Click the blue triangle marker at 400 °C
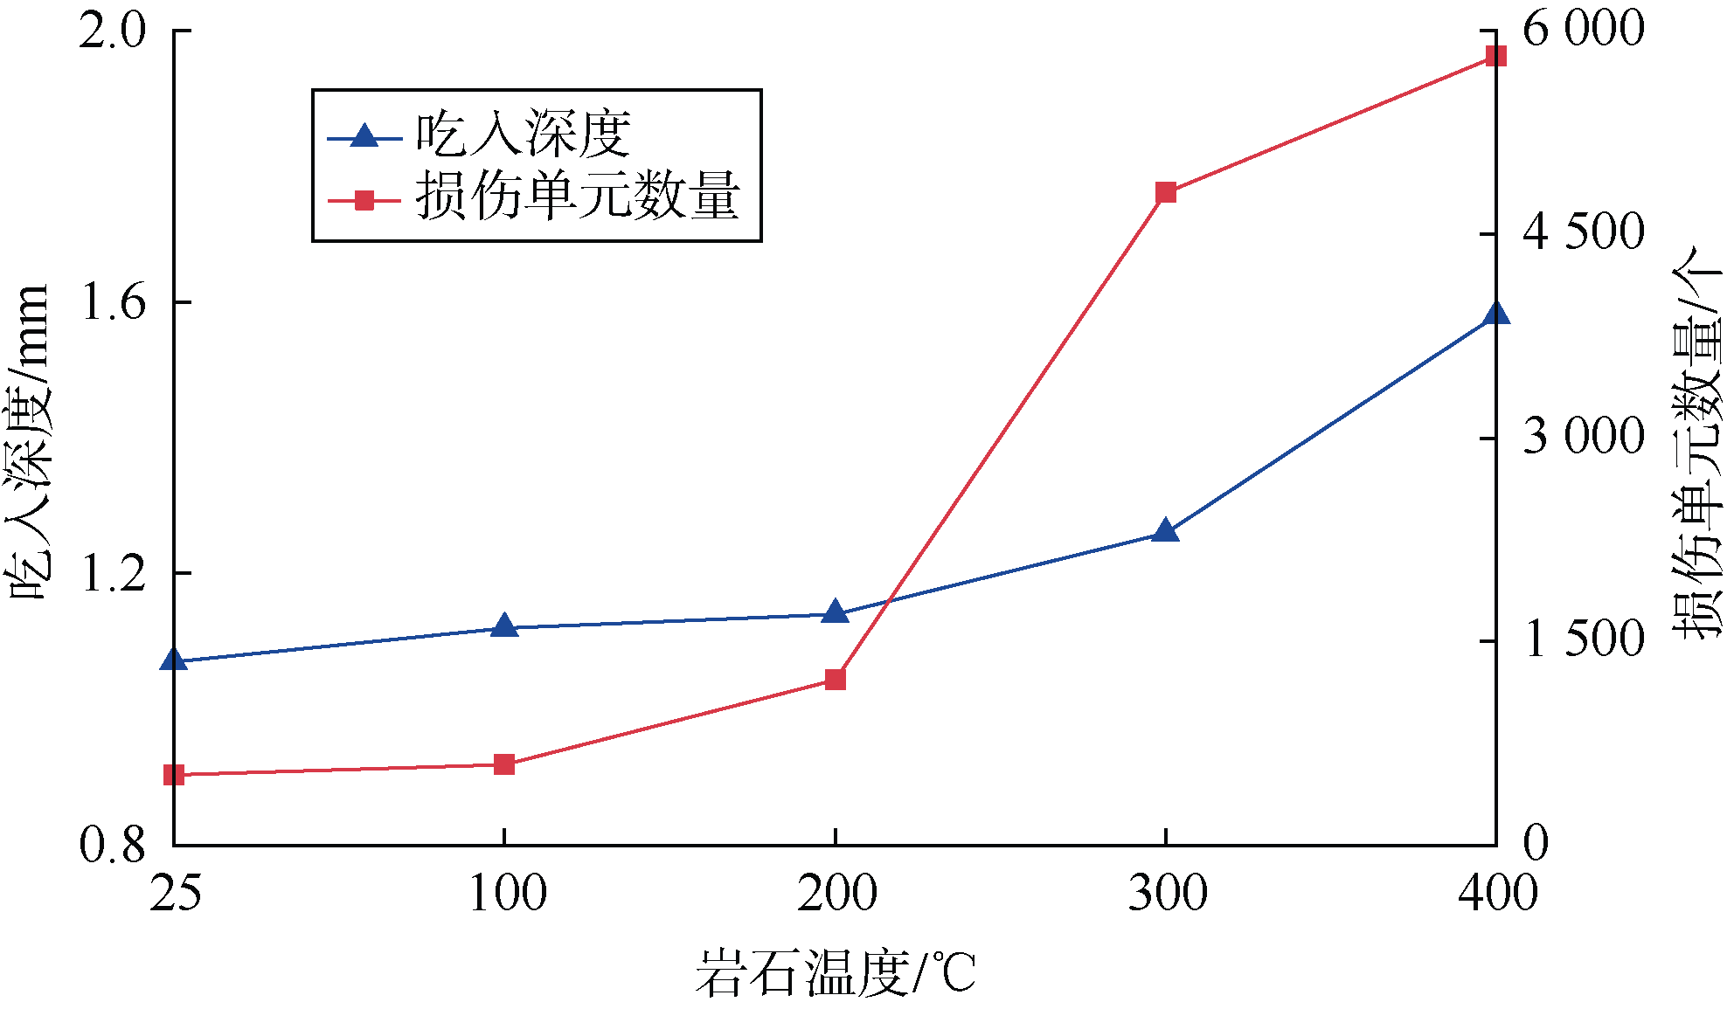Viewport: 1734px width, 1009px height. (x=1495, y=314)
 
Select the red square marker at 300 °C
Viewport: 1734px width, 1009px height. (x=1165, y=193)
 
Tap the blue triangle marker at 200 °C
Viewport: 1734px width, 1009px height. (x=836, y=612)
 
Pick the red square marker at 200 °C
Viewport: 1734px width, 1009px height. (x=836, y=680)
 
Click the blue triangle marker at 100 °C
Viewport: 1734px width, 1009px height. (x=504, y=626)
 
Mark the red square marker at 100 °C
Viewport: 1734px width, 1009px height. (x=504, y=765)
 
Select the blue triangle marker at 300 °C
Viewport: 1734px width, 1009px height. (x=1165, y=531)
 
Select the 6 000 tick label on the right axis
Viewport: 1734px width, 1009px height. (x=1583, y=30)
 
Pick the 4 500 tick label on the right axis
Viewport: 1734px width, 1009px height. (x=1583, y=233)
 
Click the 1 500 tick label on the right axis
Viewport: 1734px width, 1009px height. (x=1583, y=640)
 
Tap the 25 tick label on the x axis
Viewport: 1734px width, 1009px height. (x=175, y=893)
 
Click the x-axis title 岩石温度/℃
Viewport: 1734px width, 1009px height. (x=836, y=972)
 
